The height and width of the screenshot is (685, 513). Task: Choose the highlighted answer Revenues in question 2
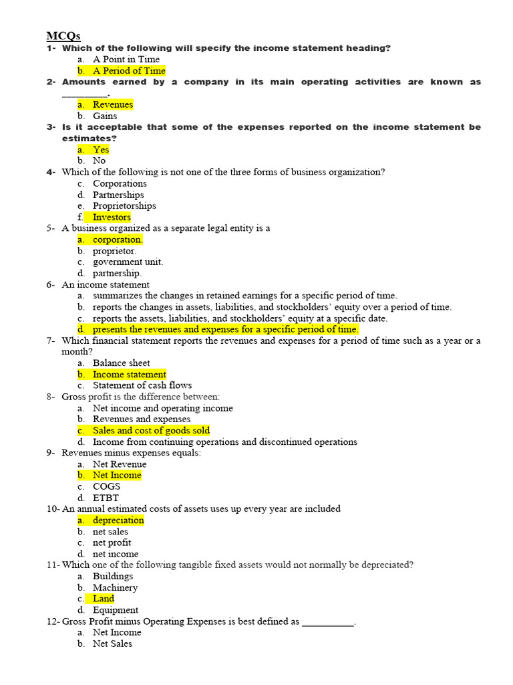(113, 104)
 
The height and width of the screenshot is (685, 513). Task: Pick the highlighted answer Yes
(101, 150)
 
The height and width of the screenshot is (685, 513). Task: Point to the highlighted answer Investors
(112, 217)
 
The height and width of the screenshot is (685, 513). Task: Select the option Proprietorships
(124, 206)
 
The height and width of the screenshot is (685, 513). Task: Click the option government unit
(128, 262)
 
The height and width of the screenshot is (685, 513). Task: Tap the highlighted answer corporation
(118, 239)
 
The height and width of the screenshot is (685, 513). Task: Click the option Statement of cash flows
(142, 385)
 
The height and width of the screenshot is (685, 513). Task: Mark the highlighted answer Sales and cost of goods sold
(151, 431)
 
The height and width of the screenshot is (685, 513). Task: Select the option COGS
(107, 486)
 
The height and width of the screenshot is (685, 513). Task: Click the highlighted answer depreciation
(118, 520)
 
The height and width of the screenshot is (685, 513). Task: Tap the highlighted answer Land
(104, 599)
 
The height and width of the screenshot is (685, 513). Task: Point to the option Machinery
(115, 587)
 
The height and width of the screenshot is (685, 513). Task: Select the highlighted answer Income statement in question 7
(130, 375)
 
